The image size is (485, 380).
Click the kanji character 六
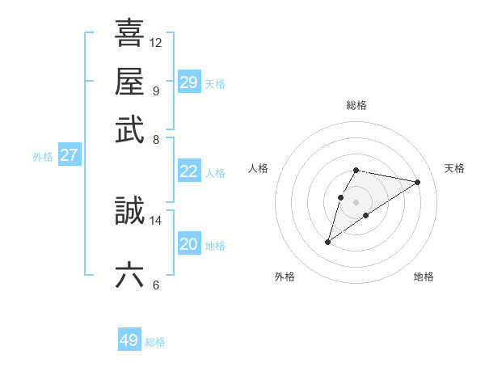tap(129, 275)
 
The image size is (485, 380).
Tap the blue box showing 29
tap(189, 82)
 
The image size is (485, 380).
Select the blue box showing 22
tap(189, 171)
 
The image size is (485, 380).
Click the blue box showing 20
tap(189, 244)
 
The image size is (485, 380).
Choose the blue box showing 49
tap(129, 340)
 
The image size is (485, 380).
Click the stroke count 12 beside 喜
tap(156, 42)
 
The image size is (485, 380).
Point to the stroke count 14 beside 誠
tap(156, 220)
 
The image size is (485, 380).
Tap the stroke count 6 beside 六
tap(156, 285)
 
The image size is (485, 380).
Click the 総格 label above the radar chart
tap(356, 105)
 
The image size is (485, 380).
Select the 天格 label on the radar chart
tap(454, 168)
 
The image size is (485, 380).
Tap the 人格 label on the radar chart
tap(259, 168)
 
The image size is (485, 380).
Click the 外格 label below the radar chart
tap(285, 277)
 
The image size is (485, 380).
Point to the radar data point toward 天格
tap(417, 182)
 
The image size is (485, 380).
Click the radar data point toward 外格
tap(327, 242)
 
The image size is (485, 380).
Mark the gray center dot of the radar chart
tap(356, 201)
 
